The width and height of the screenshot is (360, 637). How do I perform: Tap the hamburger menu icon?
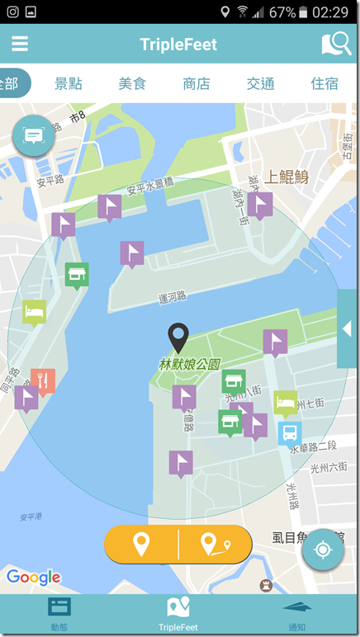(20, 44)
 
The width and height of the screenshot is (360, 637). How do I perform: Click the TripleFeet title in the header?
(178, 45)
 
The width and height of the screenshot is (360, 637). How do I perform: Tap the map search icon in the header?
(335, 44)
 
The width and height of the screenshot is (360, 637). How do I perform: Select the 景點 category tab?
(69, 83)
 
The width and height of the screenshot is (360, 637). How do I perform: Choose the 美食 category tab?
(132, 83)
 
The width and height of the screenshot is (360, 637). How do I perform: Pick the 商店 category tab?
(197, 83)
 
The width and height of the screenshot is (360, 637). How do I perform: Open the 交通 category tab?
(260, 83)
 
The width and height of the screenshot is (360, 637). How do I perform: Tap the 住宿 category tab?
(324, 83)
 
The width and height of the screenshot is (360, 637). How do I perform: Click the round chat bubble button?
(34, 135)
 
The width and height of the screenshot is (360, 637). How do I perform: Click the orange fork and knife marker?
(43, 381)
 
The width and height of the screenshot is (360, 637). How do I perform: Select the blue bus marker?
(290, 432)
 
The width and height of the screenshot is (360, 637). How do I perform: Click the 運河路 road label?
(172, 298)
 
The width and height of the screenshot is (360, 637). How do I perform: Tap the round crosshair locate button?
(323, 550)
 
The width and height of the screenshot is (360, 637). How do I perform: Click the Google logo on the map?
(33, 578)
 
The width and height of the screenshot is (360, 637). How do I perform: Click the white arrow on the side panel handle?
(347, 328)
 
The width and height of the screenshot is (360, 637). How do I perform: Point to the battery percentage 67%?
(282, 12)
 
